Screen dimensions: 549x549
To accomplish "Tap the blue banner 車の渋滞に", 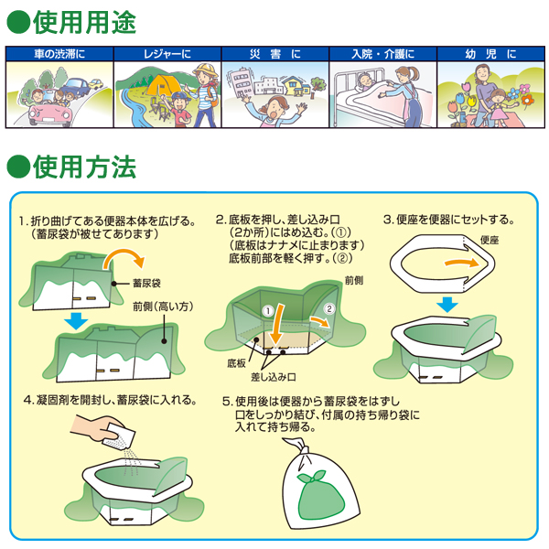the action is point(59,54).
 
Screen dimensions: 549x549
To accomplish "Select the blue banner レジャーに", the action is point(167,54).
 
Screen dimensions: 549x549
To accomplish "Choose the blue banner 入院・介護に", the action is point(383,54).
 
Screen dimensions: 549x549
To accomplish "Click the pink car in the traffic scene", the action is point(49,112).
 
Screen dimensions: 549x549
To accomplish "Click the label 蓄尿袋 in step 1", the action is point(146,283).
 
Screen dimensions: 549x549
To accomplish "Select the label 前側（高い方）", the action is point(163,307).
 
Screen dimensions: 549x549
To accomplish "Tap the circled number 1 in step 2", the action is point(268,311).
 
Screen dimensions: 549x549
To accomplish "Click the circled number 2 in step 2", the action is point(329,309).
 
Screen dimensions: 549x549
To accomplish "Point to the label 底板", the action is point(236,363).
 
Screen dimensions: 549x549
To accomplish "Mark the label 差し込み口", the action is point(274,377).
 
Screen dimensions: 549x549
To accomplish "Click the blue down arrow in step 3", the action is point(447,305).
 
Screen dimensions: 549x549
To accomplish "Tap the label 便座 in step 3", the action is point(490,240).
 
